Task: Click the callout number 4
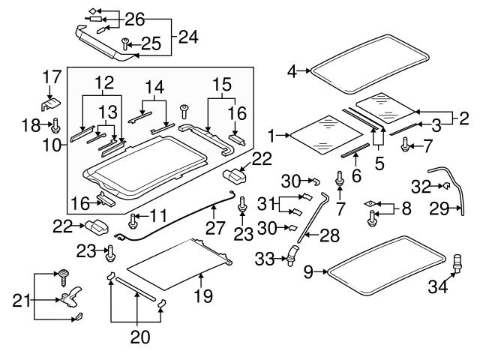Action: pyautogui.click(x=292, y=72)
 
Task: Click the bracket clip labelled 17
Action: pyautogui.click(x=49, y=95)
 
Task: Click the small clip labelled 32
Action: pyautogui.click(x=445, y=186)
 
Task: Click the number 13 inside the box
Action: pyautogui.click(x=109, y=111)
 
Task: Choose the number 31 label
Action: pyautogui.click(x=264, y=205)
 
